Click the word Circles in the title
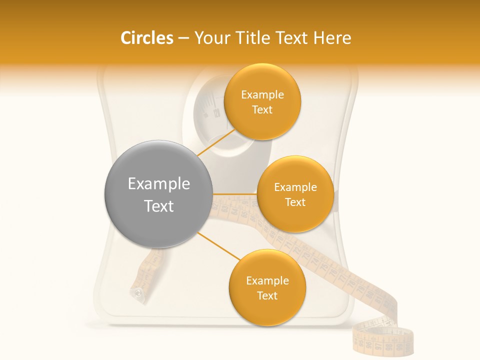[146, 38]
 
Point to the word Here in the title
[331, 38]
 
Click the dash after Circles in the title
[183, 38]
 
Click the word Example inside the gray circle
[159, 184]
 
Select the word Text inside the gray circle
[159, 206]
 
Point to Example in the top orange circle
[262, 95]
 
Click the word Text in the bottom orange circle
[267, 295]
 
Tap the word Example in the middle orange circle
[295, 187]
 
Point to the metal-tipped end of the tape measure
[138, 292]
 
